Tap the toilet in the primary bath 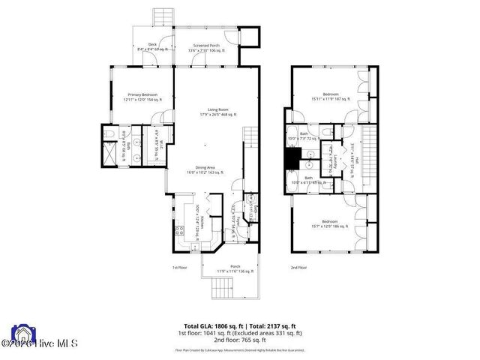(109, 134)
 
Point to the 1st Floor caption (178, 267)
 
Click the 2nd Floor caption (298, 267)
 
